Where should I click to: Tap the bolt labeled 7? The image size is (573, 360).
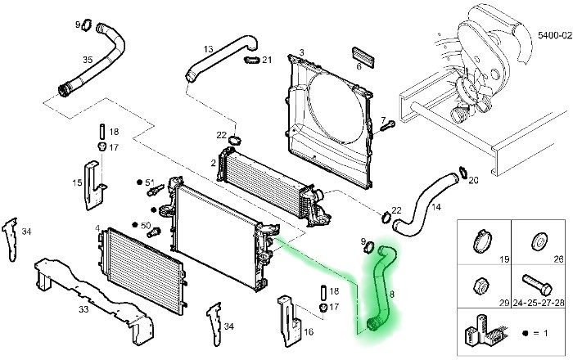pyautogui.click(x=388, y=124)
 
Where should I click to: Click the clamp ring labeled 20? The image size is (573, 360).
pyautogui.click(x=464, y=173)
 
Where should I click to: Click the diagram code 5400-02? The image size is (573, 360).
pyautogui.click(x=553, y=36)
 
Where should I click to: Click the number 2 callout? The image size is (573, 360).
pyautogui.click(x=214, y=163)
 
